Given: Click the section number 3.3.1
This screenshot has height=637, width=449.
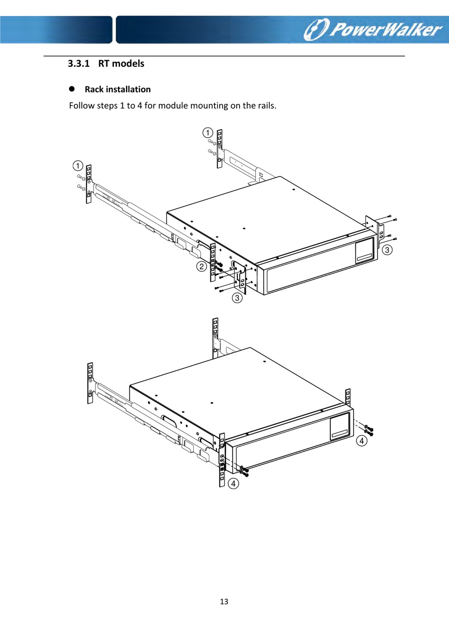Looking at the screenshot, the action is click(x=78, y=64).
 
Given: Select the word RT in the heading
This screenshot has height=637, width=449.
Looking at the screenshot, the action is click(x=104, y=64).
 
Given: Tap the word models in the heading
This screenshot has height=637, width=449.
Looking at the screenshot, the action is click(x=128, y=64).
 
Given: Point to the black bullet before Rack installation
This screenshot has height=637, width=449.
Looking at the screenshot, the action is click(x=72, y=89).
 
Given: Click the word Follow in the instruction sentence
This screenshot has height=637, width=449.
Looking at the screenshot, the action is click(x=81, y=106).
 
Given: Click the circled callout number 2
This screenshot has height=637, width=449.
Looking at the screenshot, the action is click(x=202, y=266).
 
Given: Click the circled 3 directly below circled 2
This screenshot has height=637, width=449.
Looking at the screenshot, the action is click(x=237, y=298).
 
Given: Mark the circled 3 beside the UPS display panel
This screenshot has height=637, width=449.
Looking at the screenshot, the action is click(x=387, y=250).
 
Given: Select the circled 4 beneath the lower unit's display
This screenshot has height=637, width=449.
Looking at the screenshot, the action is click(x=362, y=441).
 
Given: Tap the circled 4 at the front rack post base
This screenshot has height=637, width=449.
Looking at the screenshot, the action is click(x=233, y=484).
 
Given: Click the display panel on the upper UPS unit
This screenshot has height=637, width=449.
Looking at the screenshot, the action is click(x=364, y=250).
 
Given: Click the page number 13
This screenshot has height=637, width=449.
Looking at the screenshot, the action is click(x=224, y=602).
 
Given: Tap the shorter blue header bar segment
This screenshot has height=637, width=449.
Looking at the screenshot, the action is click(x=56, y=29).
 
